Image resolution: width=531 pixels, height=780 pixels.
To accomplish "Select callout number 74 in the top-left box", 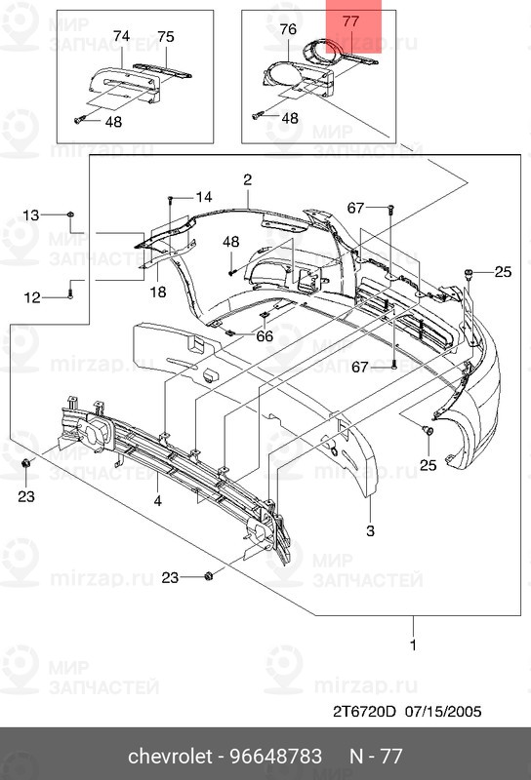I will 121,35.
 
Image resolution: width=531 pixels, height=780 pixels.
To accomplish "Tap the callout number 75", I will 166,36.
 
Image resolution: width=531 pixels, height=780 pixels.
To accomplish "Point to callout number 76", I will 288,30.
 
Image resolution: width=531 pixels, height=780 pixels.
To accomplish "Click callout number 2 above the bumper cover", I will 248,179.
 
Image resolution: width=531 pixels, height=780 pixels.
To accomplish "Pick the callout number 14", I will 203,197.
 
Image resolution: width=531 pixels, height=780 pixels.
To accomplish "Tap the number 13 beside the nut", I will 32,214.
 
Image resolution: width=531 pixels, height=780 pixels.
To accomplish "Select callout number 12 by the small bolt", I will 32,297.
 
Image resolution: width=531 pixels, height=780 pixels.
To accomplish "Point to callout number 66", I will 265,336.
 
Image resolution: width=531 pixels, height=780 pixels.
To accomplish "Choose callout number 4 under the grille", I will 157,502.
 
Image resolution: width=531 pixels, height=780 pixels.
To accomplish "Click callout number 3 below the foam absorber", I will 370,531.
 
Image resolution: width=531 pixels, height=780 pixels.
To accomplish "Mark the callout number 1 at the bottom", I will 413,645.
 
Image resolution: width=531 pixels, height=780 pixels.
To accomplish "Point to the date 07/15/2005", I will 444,711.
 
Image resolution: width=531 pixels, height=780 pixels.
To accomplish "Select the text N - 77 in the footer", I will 376,757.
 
